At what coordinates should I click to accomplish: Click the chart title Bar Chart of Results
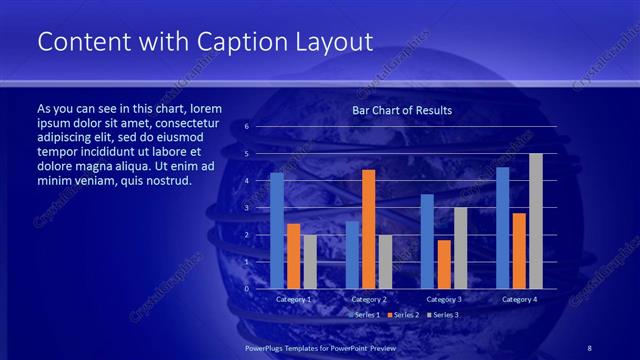click(402, 110)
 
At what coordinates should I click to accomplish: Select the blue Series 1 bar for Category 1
click(277, 230)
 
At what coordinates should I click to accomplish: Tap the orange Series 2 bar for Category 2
click(368, 229)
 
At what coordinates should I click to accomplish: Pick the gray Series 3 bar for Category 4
click(535, 221)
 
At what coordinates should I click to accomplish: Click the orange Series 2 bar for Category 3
click(444, 264)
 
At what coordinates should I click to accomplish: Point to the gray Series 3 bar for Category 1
click(310, 261)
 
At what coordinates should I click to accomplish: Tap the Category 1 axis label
click(293, 299)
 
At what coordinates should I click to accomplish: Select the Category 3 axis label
click(443, 299)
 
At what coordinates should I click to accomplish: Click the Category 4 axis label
click(518, 299)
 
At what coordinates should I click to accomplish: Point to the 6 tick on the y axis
click(246, 127)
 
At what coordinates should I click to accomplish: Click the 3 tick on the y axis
click(246, 208)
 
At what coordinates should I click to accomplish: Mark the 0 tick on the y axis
click(246, 288)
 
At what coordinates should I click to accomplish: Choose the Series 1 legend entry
click(367, 314)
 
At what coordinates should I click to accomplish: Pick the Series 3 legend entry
click(443, 314)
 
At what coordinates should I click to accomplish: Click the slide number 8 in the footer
click(590, 346)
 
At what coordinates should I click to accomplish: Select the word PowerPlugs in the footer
click(265, 346)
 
